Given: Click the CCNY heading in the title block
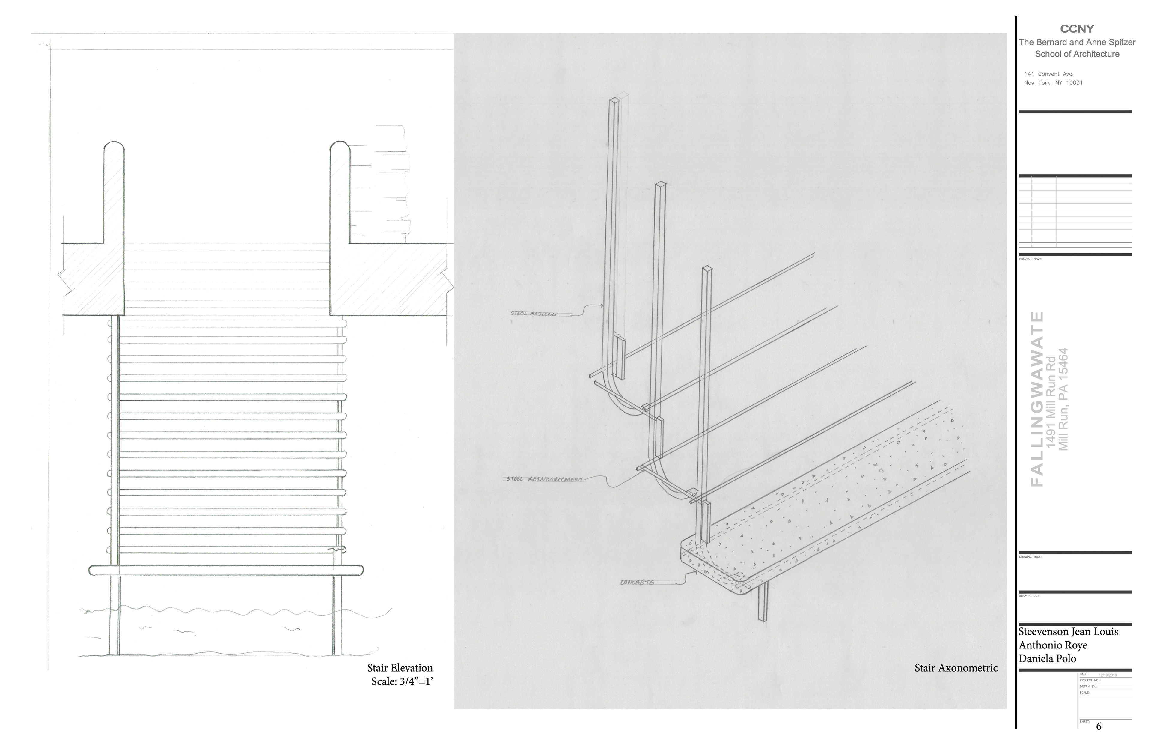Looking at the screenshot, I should coord(1077,29).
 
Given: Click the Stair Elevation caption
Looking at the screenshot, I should coord(400,668).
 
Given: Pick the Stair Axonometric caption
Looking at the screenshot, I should coord(956,668).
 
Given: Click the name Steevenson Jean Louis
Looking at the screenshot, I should coord(1068,632).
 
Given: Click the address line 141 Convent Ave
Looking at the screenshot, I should coord(1048,74).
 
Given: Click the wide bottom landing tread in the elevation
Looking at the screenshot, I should coord(226,570).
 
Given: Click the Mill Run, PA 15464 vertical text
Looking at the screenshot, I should coord(1063,399).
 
